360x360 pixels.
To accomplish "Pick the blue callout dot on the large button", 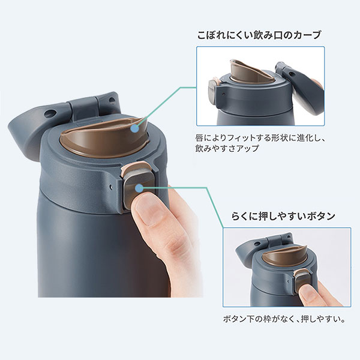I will pos(139,188).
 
